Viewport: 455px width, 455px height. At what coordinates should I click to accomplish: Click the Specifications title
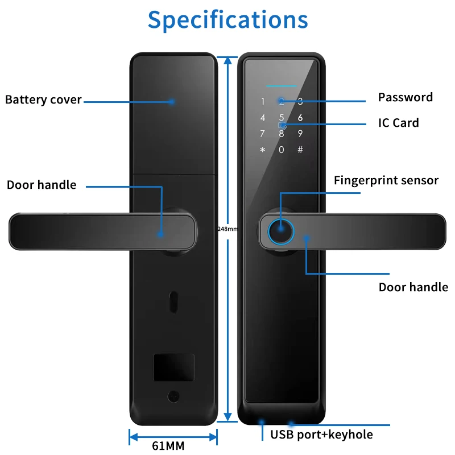click(228, 20)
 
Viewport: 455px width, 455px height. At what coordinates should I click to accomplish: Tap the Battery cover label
click(43, 100)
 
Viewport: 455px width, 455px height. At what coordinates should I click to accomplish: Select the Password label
click(405, 97)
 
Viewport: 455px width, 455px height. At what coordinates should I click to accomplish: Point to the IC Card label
click(399, 123)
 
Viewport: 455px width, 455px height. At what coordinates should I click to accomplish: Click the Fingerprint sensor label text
click(386, 180)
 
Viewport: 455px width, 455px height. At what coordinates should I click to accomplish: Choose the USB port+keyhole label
click(321, 435)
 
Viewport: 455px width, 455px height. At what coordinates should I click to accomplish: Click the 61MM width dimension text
click(168, 446)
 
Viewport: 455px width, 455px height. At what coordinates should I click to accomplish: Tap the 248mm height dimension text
click(228, 229)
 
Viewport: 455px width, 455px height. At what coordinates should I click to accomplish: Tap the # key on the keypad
click(300, 150)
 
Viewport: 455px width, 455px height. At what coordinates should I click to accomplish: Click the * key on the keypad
click(263, 150)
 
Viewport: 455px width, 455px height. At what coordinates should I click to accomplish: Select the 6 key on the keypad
click(300, 118)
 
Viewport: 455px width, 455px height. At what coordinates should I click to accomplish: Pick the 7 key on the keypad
click(262, 134)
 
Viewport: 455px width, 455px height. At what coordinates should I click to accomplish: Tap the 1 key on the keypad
click(263, 102)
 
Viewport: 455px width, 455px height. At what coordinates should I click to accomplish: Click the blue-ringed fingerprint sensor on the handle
click(280, 231)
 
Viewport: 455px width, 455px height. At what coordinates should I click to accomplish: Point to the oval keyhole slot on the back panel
click(173, 302)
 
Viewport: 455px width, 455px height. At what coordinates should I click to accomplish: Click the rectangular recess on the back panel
click(174, 367)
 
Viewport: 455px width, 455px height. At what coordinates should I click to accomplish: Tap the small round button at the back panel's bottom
click(173, 396)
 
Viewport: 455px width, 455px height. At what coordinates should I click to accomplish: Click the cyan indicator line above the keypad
click(281, 86)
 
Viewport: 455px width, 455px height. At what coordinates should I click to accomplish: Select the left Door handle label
click(42, 185)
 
